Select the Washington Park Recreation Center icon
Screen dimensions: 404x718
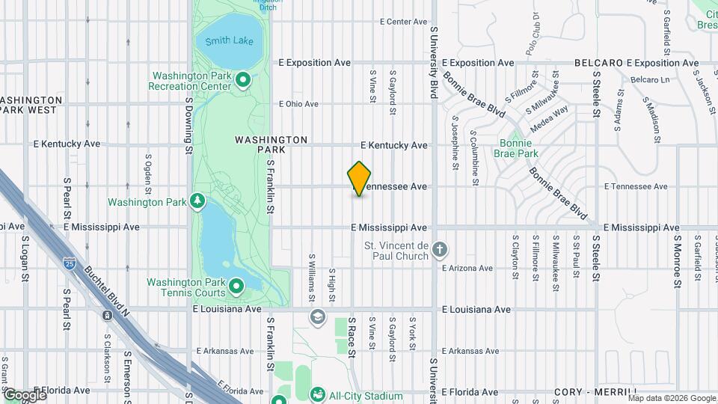click(x=242, y=80)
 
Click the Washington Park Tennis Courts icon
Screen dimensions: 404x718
click(x=236, y=287)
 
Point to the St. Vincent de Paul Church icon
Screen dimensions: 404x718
click(x=441, y=250)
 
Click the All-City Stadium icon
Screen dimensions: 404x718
click(x=317, y=394)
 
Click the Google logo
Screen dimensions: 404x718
click(x=24, y=394)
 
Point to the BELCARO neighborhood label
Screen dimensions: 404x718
click(x=599, y=63)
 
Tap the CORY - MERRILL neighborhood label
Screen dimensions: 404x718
click(x=596, y=392)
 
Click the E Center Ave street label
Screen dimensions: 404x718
click(x=403, y=22)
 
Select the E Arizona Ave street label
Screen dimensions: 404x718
click(x=467, y=268)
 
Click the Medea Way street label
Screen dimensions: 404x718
click(x=550, y=117)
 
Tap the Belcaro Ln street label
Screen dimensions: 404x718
click(x=649, y=79)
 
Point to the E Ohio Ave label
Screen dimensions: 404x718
click(x=298, y=104)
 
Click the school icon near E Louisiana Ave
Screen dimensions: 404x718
click(x=317, y=317)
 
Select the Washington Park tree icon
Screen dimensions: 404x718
click(x=197, y=201)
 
